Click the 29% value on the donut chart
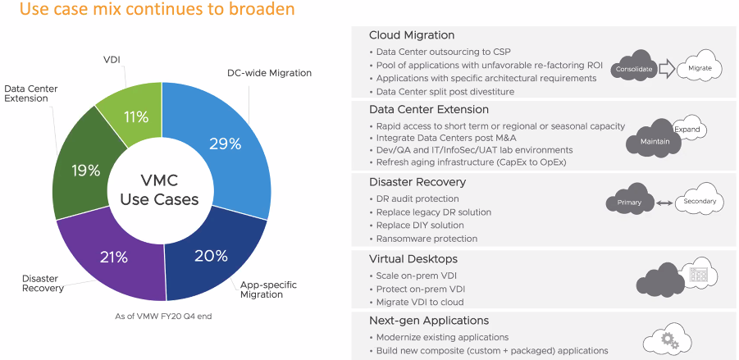[x=226, y=144]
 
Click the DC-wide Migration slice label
[x=269, y=73]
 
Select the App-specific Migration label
[x=268, y=289]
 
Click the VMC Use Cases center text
[x=159, y=190]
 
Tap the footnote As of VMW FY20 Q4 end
[x=163, y=317]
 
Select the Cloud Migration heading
[x=412, y=35]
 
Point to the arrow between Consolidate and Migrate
[x=667, y=69]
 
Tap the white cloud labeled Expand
[x=690, y=129]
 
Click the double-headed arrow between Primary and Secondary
[x=664, y=203]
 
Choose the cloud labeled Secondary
[x=700, y=201]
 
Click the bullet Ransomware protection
[x=427, y=239]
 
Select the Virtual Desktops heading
[x=413, y=259]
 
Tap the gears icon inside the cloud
[x=669, y=340]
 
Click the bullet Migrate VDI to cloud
[x=420, y=303]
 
